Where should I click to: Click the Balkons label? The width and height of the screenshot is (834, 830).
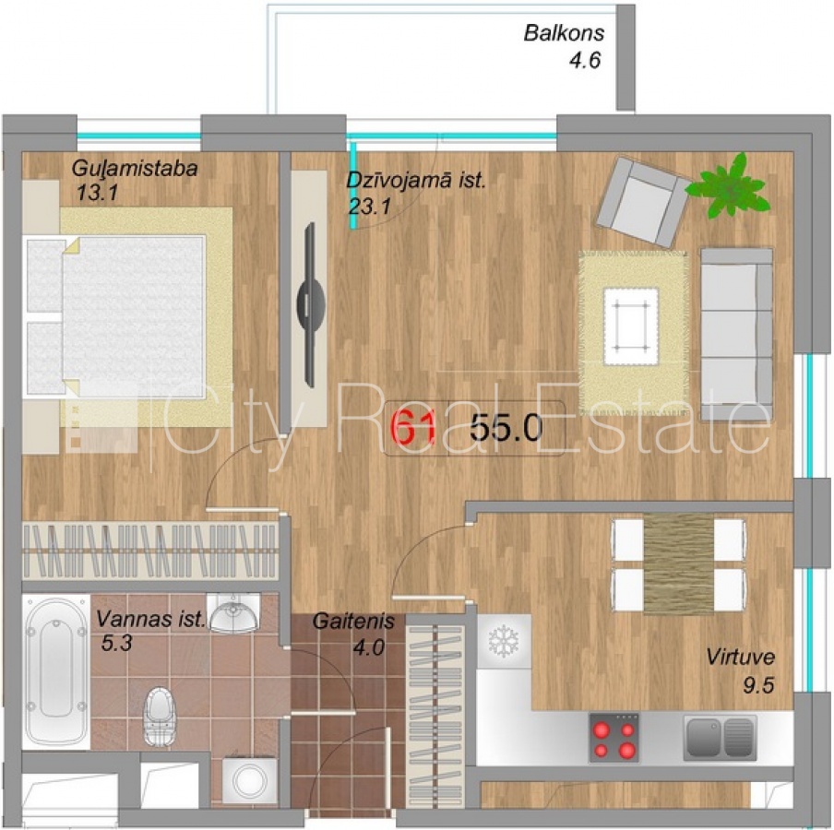point(564,33)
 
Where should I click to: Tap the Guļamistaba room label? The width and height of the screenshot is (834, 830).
point(135,169)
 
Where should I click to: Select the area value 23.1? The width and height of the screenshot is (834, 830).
point(370,206)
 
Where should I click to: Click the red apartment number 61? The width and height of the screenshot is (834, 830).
point(414,428)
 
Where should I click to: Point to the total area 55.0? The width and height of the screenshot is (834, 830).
point(506,428)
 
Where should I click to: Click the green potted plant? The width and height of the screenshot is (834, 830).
point(729,185)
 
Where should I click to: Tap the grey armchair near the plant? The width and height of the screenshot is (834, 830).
point(643,202)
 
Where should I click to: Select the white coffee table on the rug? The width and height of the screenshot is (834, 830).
point(631,326)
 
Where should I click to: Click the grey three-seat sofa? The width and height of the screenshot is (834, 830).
point(736,334)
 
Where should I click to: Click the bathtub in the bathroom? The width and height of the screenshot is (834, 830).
point(56,671)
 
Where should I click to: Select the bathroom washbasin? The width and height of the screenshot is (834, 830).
point(233,612)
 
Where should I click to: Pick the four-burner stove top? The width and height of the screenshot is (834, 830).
point(614,737)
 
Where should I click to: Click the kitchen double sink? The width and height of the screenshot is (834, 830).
point(720,737)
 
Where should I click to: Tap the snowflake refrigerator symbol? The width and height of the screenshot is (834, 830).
point(503,641)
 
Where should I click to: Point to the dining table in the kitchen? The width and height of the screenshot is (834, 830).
point(678,564)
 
